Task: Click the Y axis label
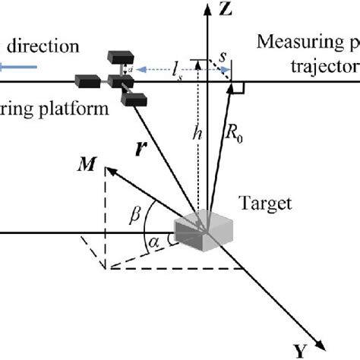click(x=302, y=351)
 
